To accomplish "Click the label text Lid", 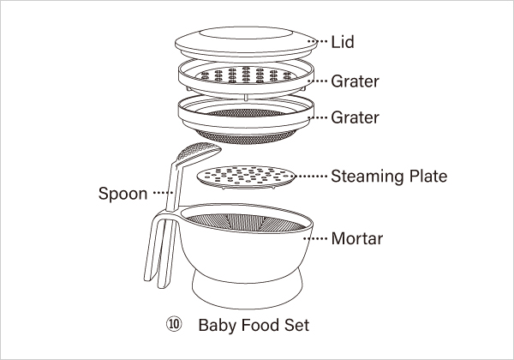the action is point(343,42).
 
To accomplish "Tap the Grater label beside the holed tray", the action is point(355,81).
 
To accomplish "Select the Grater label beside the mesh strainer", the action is point(355,117).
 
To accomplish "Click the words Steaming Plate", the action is point(389,177).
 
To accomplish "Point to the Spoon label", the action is point(123,194).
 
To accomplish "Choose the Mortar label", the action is point(357,238).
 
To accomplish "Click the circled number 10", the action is point(174,325).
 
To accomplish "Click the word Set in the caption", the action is point(296,325).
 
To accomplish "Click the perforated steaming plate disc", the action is point(246,177).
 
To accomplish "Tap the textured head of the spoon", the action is point(200,152).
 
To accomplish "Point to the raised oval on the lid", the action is point(246,33).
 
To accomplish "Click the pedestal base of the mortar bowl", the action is point(247,291).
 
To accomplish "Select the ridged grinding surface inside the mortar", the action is point(246,222).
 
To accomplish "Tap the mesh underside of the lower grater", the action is point(246,137).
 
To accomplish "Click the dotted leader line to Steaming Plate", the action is point(312,177).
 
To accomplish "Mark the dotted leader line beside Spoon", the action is point(163,193).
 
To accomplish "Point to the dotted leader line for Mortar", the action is point(315,238).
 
